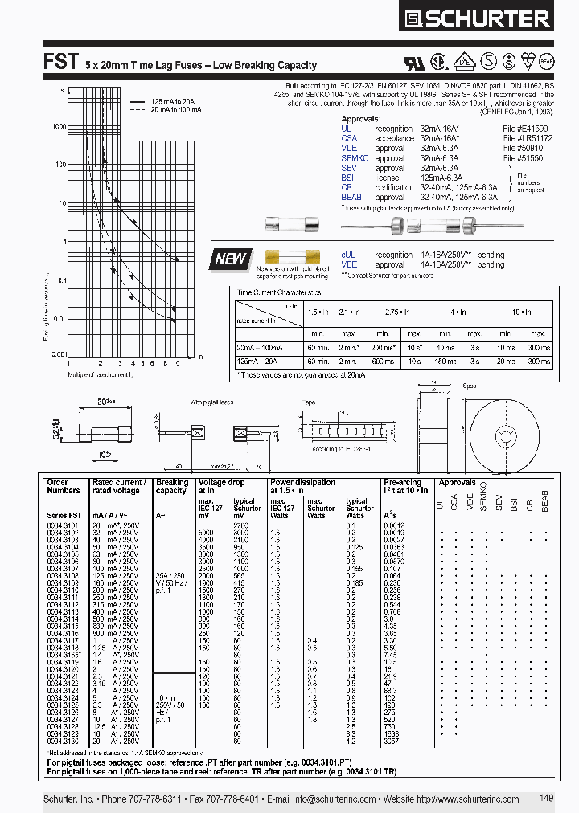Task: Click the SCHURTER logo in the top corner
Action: [x=489, y=18]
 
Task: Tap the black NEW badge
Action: [x=232, y=259]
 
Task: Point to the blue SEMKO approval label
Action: [x=355, y=158]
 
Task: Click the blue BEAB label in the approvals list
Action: [x=351, y=197]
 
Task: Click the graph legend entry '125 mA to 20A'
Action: [x=174, y=101]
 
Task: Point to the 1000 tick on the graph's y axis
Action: [x=60, y=127]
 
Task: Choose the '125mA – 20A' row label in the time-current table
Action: [x=257, y=362]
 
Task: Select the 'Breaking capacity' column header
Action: [x=171, y=487]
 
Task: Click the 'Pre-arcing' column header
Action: [x=402, y=483]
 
